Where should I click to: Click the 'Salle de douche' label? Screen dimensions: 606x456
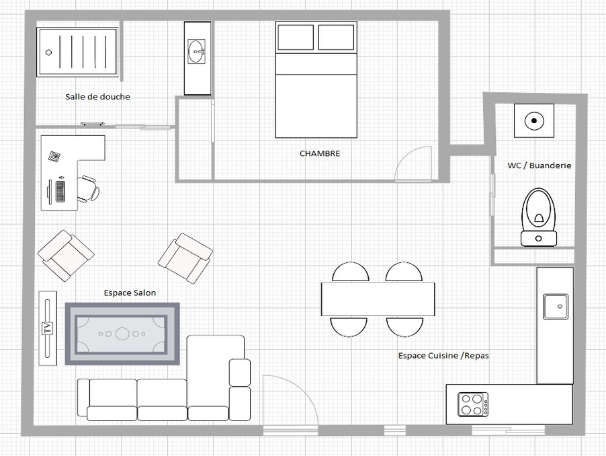(97, 97)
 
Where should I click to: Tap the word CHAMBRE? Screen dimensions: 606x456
(320, 153)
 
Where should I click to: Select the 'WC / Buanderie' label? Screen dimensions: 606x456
(539, 165)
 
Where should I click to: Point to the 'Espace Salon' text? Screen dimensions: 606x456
(130, 293)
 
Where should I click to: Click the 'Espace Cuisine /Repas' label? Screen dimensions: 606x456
(443, 355)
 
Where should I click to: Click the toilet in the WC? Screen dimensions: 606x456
(539, 217)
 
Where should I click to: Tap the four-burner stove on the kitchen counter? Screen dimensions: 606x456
(473, 405)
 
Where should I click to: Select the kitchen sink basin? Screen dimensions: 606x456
(556, 307)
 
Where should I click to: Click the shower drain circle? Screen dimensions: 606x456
(48, 52)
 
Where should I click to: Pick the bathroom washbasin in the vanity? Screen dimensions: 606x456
(197, 51)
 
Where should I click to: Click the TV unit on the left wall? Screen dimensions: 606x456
(48, 328)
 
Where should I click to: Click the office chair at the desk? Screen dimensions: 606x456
(89, 189)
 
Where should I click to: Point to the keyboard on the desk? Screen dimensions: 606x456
(60, 191)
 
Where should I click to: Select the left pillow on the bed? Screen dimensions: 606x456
(296, 38)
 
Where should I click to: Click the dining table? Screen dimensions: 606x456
(378, 299)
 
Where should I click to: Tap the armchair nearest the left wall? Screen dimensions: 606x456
(66, 256)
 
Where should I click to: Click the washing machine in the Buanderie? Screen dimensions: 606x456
(534, 120)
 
